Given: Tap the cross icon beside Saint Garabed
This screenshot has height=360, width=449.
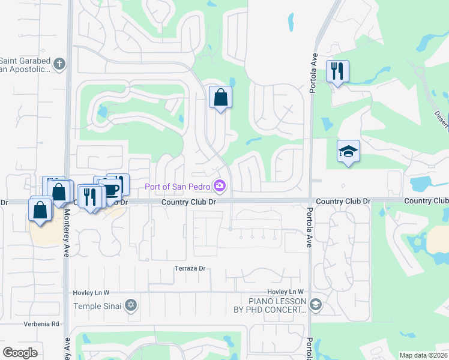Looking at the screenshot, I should coord(59,64).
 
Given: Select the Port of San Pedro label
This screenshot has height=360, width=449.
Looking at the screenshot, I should coord(179,186).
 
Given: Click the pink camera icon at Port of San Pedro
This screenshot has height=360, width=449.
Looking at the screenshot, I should coord(220,186).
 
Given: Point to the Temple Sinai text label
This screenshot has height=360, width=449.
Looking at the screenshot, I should coord(97,306).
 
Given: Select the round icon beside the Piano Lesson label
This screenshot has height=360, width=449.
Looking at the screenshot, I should coord(316,305).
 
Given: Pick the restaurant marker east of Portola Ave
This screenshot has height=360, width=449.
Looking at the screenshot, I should coord(337,72).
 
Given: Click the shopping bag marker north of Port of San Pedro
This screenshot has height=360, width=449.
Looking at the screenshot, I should coord(220,97).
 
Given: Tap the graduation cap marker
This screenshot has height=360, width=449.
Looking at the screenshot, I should coord(348,151).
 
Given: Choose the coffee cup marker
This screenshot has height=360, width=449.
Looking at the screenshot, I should coord(112,189).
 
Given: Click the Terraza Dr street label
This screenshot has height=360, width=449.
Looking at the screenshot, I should coord(190,268).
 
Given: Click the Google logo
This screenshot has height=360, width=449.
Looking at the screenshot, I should coord(20,353).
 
